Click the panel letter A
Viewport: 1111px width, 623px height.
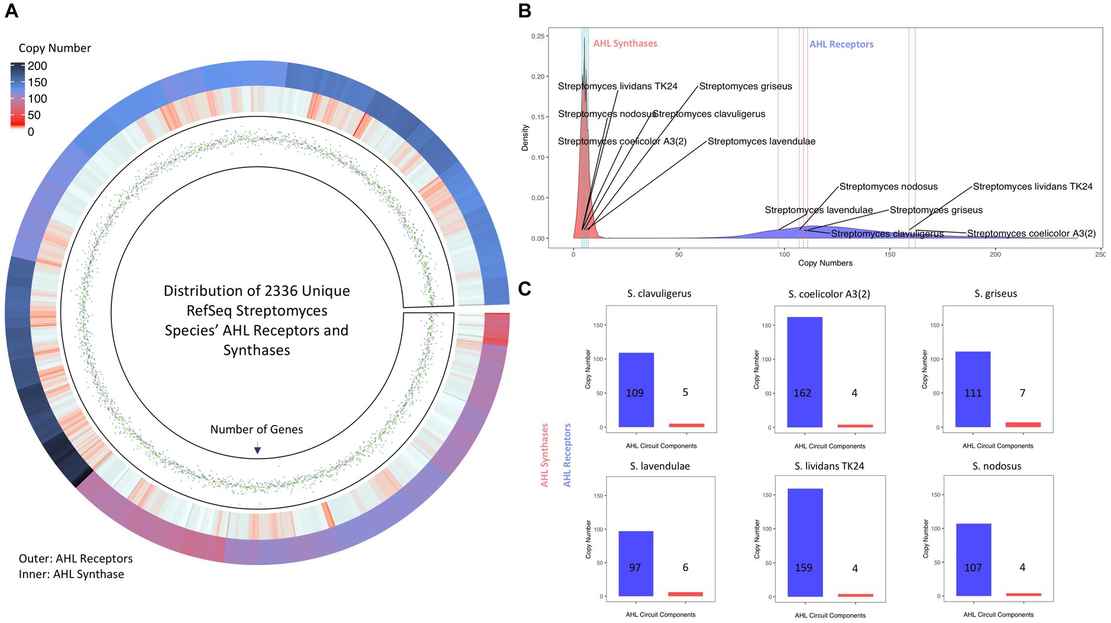pyautogui.click(x=11, y=11)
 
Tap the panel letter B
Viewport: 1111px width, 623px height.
pyautogui.click(x=524, y=11)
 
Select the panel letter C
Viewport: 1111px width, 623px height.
pyautogui.click(x=524, y=288)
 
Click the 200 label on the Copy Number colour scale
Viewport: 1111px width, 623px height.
pyautogui.click(x=37, y=66)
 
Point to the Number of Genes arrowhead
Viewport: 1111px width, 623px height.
pyautogui.click(x=257, y=450)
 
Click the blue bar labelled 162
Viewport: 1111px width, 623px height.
pyautogui.click(x=804, y=372)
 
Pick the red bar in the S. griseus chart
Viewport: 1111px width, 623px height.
pyautogui.click(x=1023, y=424)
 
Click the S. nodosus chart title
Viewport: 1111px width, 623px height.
pyautogui.click(x=997, y=466)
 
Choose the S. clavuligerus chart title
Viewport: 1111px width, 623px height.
pyautogui.click(x=659, y=294)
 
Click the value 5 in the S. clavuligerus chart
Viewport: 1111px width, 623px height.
pyautogui.click(x=685, y=392)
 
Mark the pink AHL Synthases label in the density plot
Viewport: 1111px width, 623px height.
pyautogui.click(x=625, y=44)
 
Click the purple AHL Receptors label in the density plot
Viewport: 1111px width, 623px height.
pyautogui.click(x=841, y=44)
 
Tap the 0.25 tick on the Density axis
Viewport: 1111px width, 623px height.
pyautogui.click(x=537, y=36)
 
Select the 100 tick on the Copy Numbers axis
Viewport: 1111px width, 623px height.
pyautogui.click(x=784, y=255)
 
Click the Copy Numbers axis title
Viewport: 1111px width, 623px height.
pyautogui.click(x=825, y=263)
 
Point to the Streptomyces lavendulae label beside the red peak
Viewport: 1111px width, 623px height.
pyautogui.click(x=761, y=142)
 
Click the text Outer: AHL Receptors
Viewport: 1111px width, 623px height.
pyautogui.click(x=76, y=559)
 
